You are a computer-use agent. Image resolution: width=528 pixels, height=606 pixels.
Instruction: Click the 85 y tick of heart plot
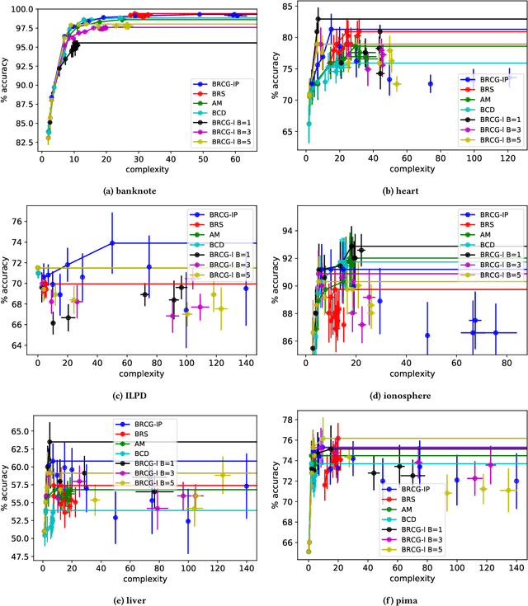tap(290, 7)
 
